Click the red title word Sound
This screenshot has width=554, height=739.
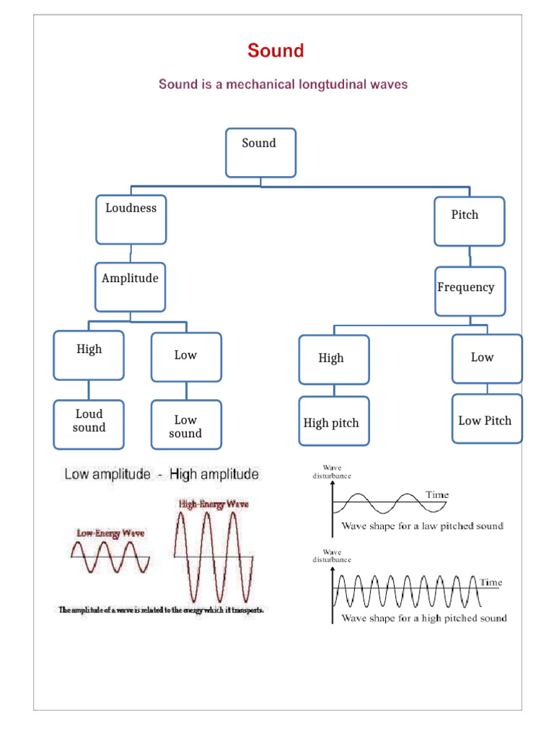(276, 51)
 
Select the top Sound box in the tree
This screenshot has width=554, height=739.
(260, 152)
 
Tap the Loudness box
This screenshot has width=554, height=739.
(131, 219)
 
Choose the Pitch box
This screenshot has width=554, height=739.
(469, 221)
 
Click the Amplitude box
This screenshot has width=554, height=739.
(130, 287)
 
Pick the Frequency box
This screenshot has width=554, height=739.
(470, 291)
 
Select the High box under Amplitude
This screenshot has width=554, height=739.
(89, 355)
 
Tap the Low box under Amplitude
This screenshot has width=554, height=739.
(186, 357)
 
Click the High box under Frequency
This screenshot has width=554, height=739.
(334, 359)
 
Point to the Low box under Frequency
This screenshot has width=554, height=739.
(487, 358)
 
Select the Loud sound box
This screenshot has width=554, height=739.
(89, 424)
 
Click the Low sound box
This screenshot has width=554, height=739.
(186, 425)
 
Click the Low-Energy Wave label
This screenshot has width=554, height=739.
(110, 533)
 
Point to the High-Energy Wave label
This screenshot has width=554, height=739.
(213, 504)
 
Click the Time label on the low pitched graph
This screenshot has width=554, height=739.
(436, 495)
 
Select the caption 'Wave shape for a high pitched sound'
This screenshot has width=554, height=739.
(423, 618)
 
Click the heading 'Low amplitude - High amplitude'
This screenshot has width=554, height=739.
(161, 475)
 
